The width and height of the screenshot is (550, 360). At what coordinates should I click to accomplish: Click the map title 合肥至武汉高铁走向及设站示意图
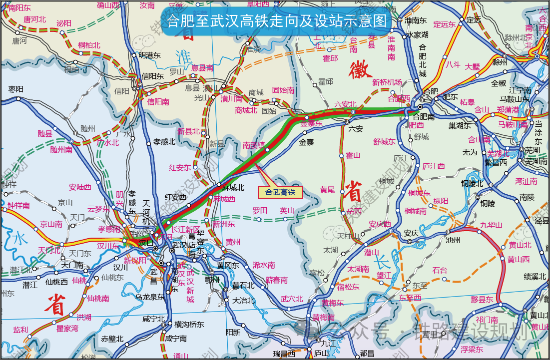(x=277, y=20)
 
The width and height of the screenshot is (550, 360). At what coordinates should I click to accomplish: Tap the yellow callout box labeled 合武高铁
(x=280, y=191)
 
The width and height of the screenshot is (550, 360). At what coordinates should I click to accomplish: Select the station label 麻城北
(x=233, y=188)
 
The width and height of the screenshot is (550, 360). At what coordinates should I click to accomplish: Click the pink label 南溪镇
(x=254, y=145)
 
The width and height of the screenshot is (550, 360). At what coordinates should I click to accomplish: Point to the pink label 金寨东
(x=312, y=123)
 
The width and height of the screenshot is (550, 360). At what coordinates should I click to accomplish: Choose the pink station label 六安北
(x=345, y=104)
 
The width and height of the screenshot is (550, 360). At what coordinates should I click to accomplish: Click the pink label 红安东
(x=180, y=167)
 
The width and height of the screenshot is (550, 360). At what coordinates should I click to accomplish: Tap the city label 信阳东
(x=153, y=76)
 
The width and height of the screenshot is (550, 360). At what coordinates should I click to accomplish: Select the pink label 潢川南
(x=232, y=99)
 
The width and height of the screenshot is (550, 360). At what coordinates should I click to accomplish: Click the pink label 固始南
(x=283, y=90)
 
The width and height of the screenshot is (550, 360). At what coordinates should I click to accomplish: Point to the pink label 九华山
(x=491, y=225)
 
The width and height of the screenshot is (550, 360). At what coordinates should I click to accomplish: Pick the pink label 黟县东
(x=482, y=300)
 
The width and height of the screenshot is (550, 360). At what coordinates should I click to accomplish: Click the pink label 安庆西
(x=380, y=224)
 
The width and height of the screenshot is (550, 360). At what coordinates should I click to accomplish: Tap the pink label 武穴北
(x=291, y=299)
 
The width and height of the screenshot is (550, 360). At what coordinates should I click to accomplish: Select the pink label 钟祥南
(x=18, y=205)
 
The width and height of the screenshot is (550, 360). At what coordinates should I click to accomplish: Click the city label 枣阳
(x=16, y=89)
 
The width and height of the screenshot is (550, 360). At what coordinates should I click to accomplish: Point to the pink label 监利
(x=20, y=330)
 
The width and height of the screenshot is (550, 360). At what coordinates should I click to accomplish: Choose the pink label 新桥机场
(x=387, y=82)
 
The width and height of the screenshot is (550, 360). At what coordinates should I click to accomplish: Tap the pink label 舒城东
(x=384, y=142)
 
